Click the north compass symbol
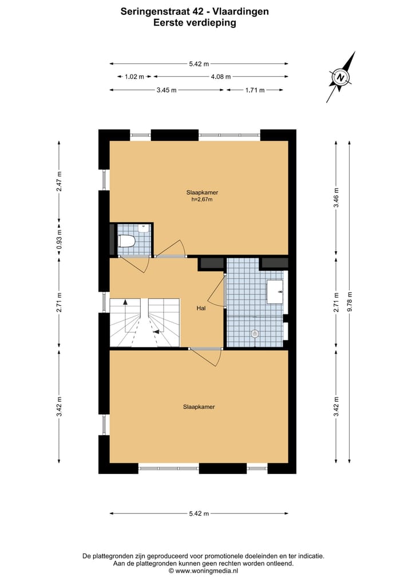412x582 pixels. [341, 77]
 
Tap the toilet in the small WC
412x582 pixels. [126, 241]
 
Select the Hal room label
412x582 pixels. [201, 308]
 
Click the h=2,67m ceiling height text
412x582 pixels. [201, 200]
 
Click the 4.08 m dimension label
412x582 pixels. [220, 76]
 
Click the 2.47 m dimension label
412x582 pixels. [59, 181]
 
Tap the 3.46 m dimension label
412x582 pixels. [336, 197]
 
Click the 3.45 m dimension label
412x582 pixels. [166, 90]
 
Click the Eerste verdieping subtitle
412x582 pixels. [195, 23]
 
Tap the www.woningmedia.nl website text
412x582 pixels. [203, 571]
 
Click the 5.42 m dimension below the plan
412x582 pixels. [199, 513]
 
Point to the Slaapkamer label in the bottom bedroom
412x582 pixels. [199, 407]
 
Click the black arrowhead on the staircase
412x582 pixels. [156, 331]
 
